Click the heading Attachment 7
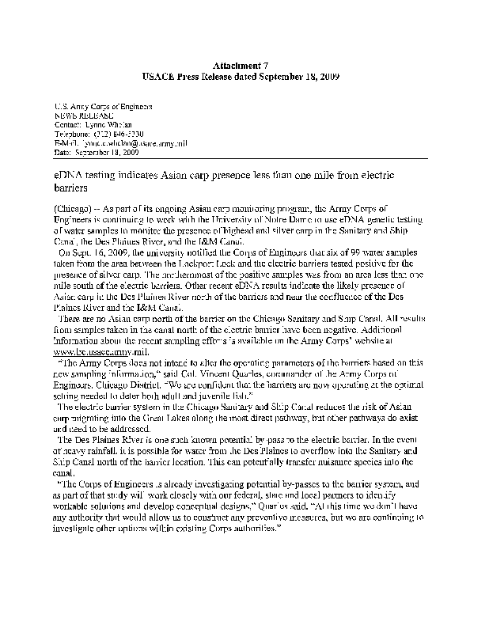coord(244,64)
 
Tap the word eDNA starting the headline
coord(70,174)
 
